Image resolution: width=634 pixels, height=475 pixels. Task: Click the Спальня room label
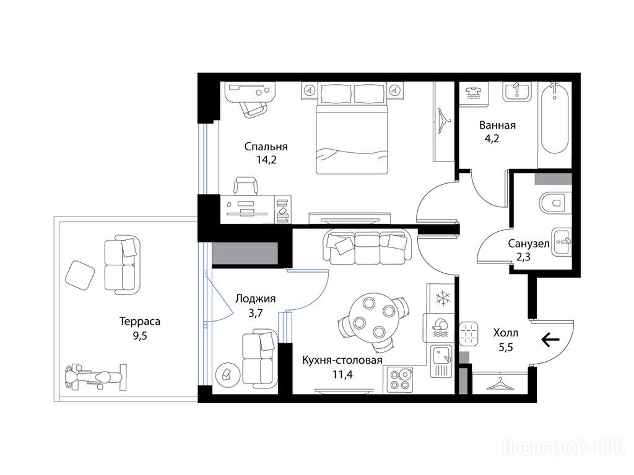[266, 147]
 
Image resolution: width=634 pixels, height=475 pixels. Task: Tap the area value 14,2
[266, 160]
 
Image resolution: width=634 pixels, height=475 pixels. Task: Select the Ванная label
[497, 125]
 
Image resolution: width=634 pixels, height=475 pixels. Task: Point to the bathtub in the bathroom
[555, 118]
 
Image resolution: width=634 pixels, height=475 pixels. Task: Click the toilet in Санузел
[552, 202]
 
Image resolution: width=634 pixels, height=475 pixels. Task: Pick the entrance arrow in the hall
[550, 340]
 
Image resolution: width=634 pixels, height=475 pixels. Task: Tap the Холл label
[505, 333]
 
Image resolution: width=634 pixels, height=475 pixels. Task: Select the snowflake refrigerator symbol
[443, 298]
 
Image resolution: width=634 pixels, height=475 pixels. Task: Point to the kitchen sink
[441, 361]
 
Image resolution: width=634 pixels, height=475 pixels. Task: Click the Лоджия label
[256, 299]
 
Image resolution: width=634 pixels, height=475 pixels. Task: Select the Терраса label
[140, 322]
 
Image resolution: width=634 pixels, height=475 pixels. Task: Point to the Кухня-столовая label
[342, 361]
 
